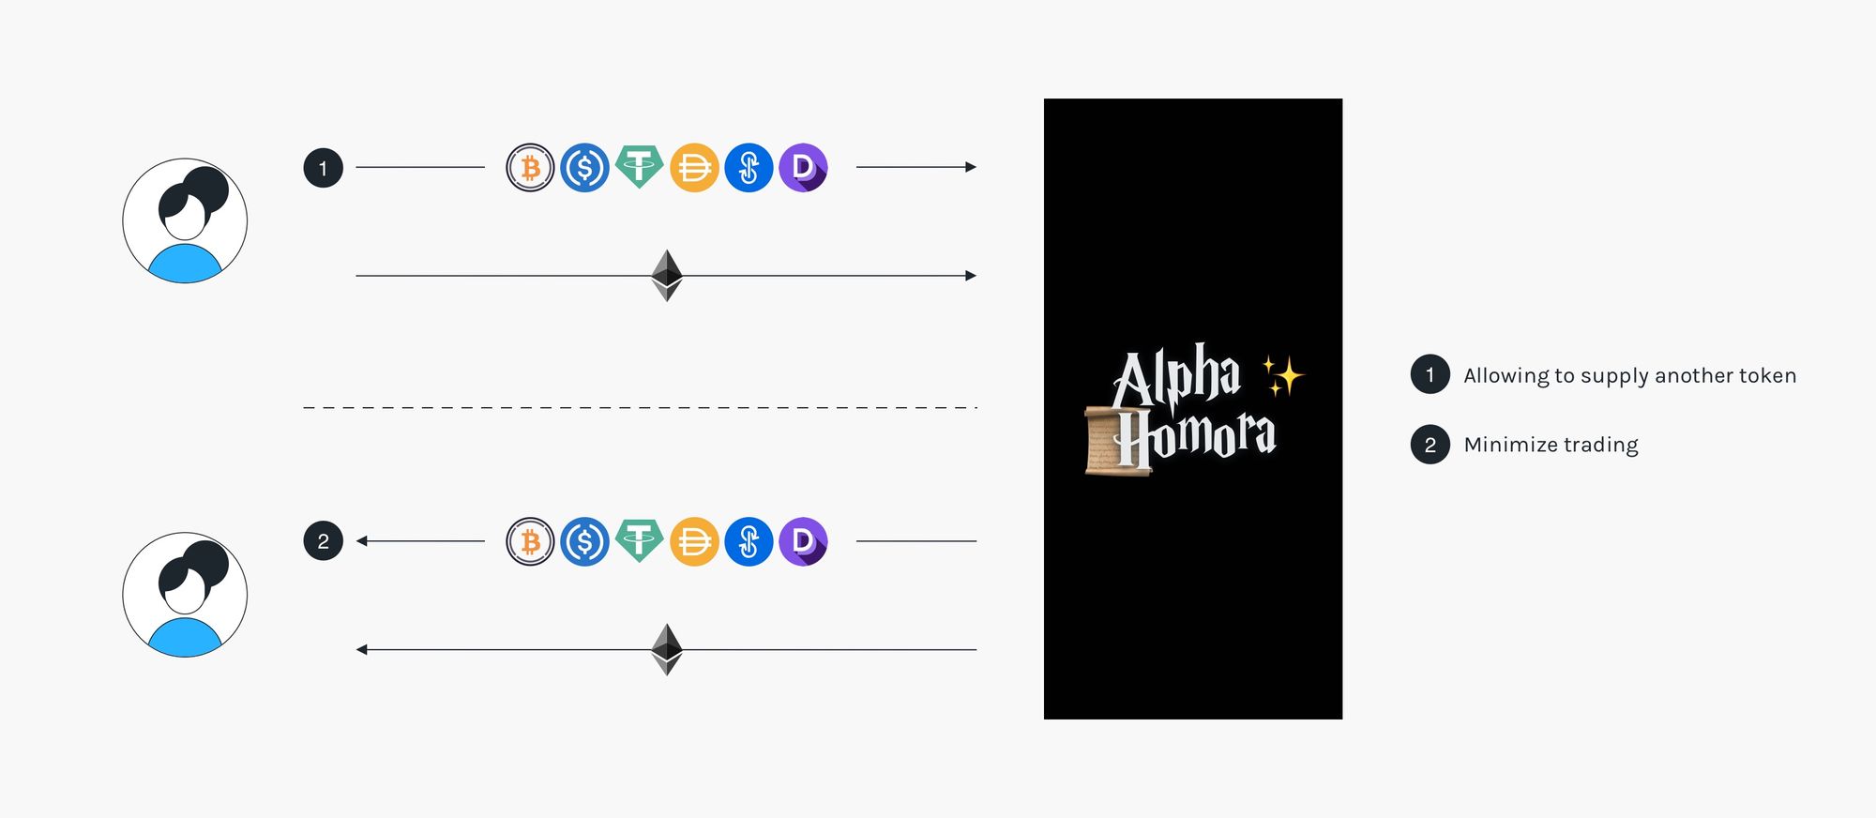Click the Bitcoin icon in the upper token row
click(530, 168)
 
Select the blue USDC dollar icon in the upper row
click(584, 168)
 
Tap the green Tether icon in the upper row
click(639, 167)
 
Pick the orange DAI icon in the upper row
click(694, 168)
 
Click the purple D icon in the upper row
click(803, 168)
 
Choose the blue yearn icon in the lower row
click(749, 541)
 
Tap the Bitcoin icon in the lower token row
click(530, 541)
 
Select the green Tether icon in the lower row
click(639, 540)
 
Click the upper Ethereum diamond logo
click(667, 275)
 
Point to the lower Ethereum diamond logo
click(667, 649)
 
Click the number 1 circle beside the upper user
click(324, 168)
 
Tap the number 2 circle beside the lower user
click(324, 541)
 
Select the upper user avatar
click(185, 220)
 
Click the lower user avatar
click(185, 595)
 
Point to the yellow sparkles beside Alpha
click(1282, 375)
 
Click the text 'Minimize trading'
click(1551, 445)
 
